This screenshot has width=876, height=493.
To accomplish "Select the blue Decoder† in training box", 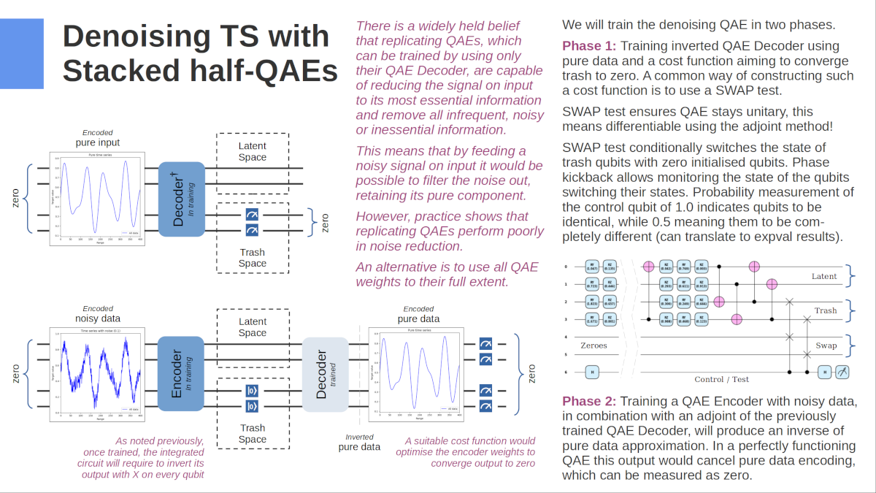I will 181,199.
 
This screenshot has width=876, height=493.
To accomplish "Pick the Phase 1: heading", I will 589,46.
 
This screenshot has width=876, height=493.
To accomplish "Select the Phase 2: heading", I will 589,401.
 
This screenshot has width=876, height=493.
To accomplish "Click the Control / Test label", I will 721,379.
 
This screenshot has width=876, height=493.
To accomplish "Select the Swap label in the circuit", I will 826,345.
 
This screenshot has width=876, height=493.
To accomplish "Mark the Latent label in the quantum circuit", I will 824,277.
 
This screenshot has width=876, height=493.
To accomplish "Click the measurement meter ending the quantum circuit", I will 842,372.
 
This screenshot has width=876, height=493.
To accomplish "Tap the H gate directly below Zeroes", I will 592,372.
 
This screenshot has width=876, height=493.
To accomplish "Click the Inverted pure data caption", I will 359,442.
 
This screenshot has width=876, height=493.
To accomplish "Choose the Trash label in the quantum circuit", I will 826,310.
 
